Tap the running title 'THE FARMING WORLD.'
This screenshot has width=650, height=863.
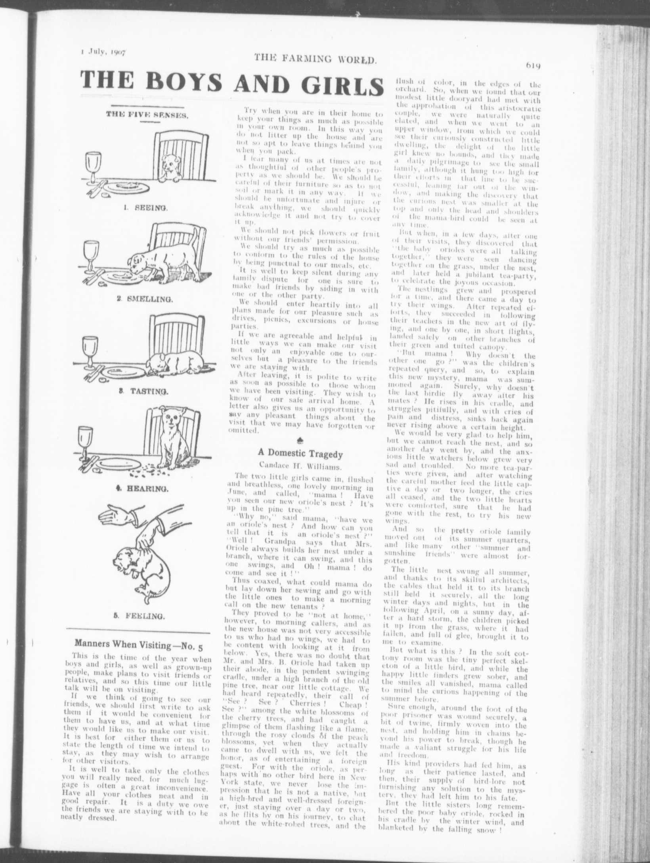point(315,59)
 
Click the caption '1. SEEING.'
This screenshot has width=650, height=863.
point(144,207)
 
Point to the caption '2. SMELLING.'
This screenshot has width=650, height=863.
point(145,299)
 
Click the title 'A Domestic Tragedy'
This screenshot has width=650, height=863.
point(300,453)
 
